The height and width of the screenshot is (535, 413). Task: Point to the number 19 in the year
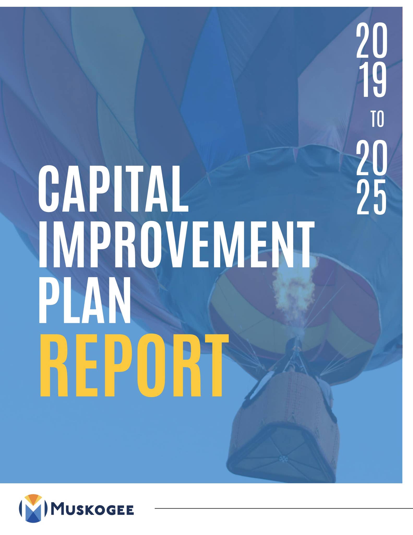click(x=372, y=81)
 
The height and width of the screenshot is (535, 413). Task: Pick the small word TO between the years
click(x=377, y=119)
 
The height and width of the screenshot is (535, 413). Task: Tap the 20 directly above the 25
click(x=372, y=157)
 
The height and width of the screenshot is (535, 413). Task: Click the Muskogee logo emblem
click(x=33, y=508)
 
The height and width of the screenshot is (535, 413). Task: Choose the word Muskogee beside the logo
click(x=93, y=510)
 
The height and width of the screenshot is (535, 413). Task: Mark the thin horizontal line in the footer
click(x=283, y=508)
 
